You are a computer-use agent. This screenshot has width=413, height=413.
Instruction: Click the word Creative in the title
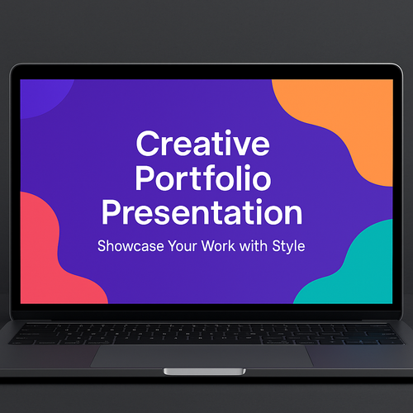click(202, 145)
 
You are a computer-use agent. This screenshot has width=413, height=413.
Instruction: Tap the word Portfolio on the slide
click(202, 179)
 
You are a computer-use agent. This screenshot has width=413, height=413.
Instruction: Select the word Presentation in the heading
click(202, 213)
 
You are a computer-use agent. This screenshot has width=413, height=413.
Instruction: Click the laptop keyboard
click(202, 332)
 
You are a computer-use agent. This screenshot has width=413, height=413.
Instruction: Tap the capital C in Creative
click(147, 145)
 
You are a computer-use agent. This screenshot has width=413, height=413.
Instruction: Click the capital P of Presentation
click(110, 213)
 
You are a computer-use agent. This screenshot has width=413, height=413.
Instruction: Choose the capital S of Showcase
click(102, 246)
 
